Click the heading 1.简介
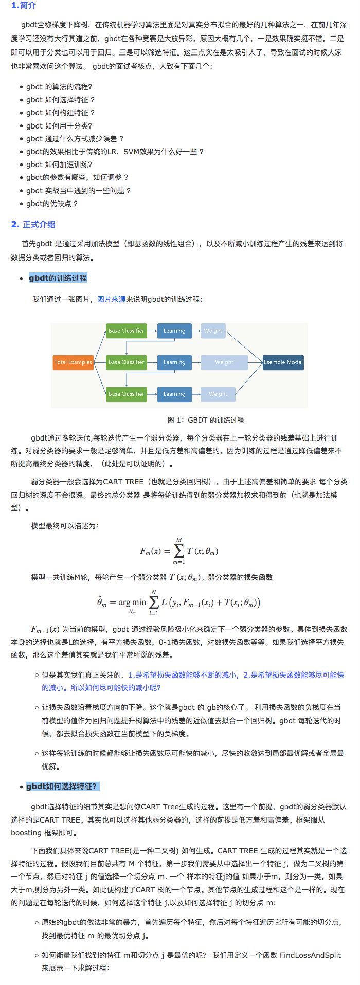coord(24,6)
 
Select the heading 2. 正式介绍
coord(33,224)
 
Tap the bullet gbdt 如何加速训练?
coord(59,165)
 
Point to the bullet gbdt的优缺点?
coord(52,204)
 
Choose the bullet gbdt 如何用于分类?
coord(59,126)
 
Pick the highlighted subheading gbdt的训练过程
coord(58,278)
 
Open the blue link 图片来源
coord(111,299)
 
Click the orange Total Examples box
coord(73,362)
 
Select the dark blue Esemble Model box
coord(283,362)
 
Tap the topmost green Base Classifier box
coord(126,331)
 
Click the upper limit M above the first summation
coord(179,540)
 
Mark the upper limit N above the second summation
coord(153,592)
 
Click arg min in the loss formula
coord(132,603)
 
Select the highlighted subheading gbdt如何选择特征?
coord(61,787)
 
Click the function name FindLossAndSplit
coord(310,955)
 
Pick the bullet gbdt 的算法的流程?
coord(59,87)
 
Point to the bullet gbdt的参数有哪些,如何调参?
coord(77,177)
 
